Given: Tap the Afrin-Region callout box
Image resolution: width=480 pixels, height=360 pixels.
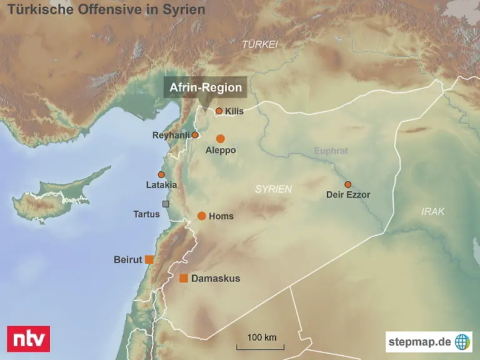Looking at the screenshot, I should (x=205, y=87).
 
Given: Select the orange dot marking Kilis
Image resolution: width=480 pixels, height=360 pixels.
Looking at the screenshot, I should (x=219, y=111).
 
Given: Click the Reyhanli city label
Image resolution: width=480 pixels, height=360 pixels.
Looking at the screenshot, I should (x=171, y=136).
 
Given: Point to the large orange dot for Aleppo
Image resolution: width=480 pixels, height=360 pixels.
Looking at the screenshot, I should (x=220, y=138).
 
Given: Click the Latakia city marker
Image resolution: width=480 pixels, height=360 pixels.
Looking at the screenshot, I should (x=161, y=174).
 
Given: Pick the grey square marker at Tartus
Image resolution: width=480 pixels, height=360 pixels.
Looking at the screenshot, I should (x=166, y=204).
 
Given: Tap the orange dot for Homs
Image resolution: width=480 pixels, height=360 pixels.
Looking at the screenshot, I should (x=201, y=216).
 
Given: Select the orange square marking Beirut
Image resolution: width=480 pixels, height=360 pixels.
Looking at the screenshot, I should (x=149, y=259).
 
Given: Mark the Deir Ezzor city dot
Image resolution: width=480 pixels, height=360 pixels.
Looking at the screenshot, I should (x=347, y=184).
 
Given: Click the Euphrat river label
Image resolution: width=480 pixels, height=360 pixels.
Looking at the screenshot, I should (x=331, y=151).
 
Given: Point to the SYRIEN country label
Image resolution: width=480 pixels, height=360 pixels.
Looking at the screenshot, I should (x=273, y=189).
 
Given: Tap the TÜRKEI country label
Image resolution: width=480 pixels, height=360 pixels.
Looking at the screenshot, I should (x=260, y=44).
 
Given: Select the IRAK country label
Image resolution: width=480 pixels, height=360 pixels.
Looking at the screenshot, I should (x=432, y=212).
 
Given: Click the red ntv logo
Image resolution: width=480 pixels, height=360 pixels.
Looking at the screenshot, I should (x=27, y=339).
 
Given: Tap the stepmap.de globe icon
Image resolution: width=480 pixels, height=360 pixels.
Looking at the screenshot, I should (x=462, y=342).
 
